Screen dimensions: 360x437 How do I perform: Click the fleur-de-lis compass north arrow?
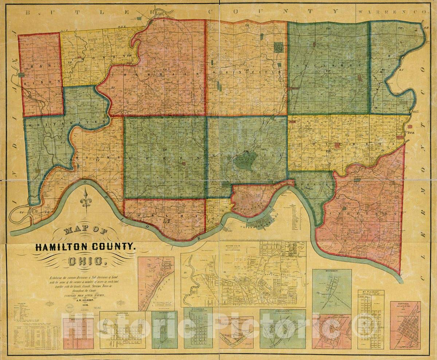[x=86, y=199]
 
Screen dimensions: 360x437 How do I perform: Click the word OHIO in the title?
[x=86, y=261]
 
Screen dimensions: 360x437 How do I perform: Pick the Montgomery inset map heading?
[x=331, y=271]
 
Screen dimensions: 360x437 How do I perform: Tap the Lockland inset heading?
[x=331, y=316]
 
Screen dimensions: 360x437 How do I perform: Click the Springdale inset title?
[x=198, y=309]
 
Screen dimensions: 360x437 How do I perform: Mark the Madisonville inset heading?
[x=75, y=320]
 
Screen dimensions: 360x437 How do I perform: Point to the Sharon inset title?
[x=164, y=313]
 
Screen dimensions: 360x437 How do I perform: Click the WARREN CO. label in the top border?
[x=391, y=12]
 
